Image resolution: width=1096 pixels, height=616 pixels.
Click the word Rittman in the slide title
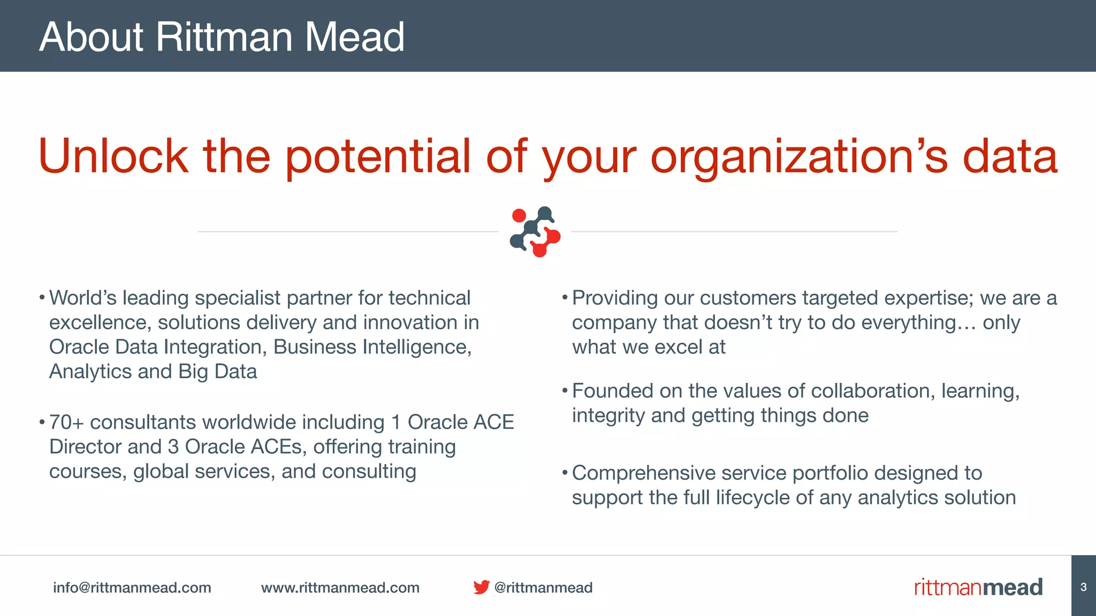click(x=224, y=37)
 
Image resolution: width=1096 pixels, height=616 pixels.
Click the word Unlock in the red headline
click(x=113, y=156)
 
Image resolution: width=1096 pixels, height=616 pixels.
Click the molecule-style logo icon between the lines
click(x=535, y=232)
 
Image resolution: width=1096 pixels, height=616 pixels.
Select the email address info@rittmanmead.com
click(x=132, y=587)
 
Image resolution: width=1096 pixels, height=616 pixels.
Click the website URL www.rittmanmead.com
click(x=340, y=587)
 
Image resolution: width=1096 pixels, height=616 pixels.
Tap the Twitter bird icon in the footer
click(x=481, y=587)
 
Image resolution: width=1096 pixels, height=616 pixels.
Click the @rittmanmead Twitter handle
click(x=543, y=587)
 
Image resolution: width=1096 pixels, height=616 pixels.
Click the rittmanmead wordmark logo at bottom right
click(x=978, y=587)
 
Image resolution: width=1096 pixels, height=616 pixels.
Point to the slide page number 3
click(x=1083, y=587)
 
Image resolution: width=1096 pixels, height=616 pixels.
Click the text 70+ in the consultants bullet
click(x=66, y=422)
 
